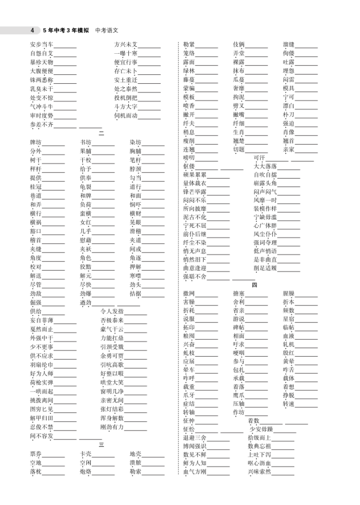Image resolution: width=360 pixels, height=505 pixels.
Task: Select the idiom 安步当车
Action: (x=41, y=45)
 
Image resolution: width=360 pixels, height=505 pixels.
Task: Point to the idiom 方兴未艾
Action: (x=126, y=45)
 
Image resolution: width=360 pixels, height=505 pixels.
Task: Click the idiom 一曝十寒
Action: (x=126, y=54)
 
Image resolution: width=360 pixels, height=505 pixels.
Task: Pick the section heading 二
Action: (x=101, y=134)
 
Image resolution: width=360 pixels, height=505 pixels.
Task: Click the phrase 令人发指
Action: (x=111, y=311)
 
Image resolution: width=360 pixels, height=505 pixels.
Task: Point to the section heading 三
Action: (x=101, y=444)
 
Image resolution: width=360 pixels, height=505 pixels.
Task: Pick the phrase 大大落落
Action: (x=265, y=166)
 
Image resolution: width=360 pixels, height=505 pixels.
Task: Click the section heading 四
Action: (x=254, y=285)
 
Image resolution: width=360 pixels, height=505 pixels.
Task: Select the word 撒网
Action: (x=189, y=294)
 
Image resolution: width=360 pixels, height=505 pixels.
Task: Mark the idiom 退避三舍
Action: (x=194, y=437)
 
